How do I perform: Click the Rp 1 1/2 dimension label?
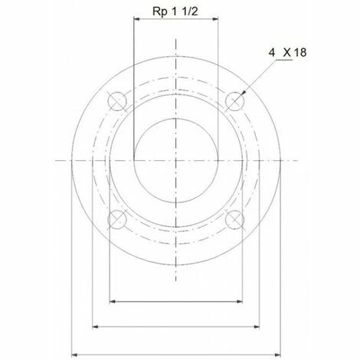(x=175, y=11)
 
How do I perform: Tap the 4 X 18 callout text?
(x=287, y=53)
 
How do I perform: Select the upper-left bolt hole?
(x=117, y=101)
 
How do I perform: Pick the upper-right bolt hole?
(x=234, y=101)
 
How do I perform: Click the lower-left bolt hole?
(x=117, y=219)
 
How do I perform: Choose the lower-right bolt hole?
(x=234, y=219)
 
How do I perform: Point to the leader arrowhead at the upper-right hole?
(x=244, y=93)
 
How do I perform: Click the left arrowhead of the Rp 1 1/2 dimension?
(x=136, y=18)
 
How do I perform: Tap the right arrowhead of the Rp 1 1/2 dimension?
(x=215, y=18)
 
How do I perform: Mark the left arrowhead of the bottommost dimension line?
(x=74, y=355)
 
